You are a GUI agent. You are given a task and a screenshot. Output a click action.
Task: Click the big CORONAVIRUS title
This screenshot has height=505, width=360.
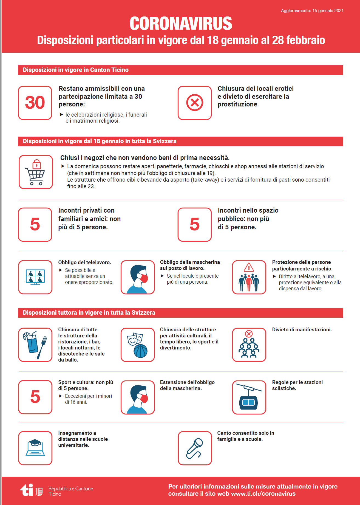coord(181,24)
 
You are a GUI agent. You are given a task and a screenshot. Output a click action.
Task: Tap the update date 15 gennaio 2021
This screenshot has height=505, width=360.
coord(328,11)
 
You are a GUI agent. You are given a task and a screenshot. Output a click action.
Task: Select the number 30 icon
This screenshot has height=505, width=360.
coord(35,103)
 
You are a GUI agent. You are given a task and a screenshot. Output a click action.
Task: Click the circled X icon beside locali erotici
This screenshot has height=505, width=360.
coord(195,103)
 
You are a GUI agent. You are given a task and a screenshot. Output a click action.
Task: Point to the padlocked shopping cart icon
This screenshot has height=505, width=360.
coord(36,172)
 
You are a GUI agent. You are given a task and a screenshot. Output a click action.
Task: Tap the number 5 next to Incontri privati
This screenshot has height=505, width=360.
coord(35,224)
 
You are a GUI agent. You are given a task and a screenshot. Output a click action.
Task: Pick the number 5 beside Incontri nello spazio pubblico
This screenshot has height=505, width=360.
coord(195,224)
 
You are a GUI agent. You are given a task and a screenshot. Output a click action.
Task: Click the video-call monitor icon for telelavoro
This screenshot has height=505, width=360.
coord(35,277)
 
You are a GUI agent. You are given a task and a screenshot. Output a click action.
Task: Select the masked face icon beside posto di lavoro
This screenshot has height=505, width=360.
coord(138,277)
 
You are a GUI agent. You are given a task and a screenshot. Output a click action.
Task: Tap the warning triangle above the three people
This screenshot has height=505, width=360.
coord(249,267)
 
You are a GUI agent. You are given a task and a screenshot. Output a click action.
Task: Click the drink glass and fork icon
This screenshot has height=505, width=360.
coord(35,345)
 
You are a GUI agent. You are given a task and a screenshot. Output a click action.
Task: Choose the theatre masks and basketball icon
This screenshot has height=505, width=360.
coord(138,345)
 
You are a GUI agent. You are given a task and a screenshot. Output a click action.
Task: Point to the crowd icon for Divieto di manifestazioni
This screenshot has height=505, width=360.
coord(249,345)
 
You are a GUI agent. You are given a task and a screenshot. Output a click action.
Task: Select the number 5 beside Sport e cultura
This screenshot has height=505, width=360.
coord(35,397)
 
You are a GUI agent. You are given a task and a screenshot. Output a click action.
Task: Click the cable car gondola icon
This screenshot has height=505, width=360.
coord(249,397)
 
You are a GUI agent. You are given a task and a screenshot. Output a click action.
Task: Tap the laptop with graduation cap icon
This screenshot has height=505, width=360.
coord(35,448)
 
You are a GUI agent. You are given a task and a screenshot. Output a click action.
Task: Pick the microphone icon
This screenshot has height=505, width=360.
coord(195,448)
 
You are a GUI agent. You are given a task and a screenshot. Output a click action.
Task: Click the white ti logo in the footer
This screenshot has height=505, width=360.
coord(27,490)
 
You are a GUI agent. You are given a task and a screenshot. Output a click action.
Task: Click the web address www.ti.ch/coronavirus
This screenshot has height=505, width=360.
coord(263,494)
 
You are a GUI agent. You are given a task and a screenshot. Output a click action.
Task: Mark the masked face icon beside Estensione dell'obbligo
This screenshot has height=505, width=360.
coord(138,397)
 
